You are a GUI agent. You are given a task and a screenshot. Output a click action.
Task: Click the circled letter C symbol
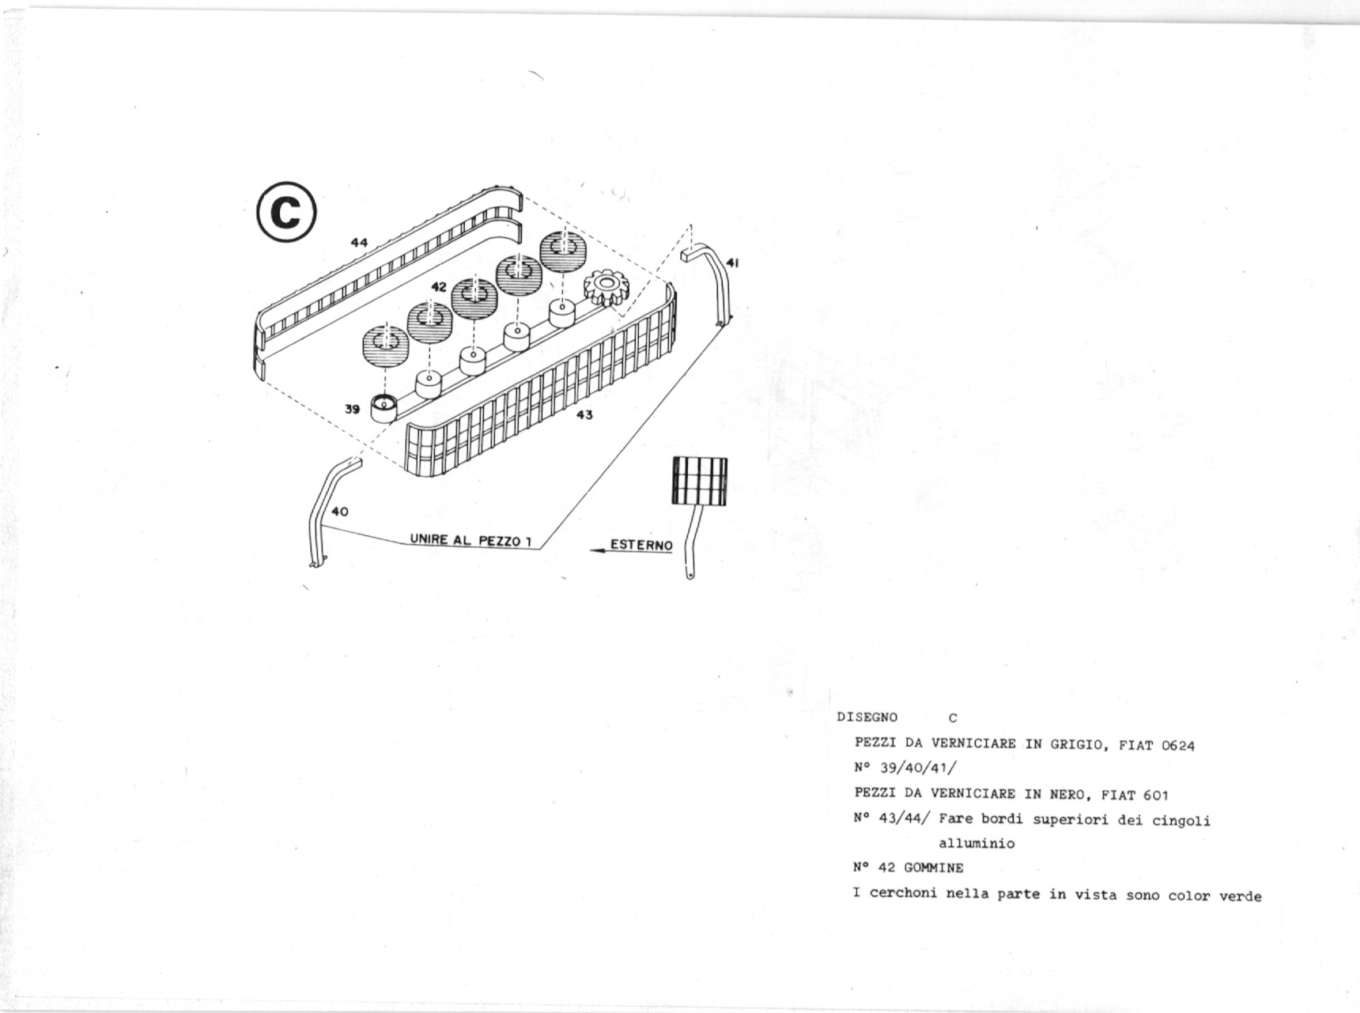click(x=287, y=212)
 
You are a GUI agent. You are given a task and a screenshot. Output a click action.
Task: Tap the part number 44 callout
click(x=359, y=243)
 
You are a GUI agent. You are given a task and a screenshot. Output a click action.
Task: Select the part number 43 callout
click(x=584, y=414)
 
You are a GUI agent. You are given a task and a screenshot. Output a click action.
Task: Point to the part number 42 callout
click(x=439, y=287)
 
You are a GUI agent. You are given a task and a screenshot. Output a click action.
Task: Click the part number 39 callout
click(x=353, y=409)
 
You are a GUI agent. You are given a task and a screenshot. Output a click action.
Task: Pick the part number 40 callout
click(x=339, y=512)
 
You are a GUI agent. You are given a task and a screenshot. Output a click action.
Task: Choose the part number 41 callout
click(x=732, y=263)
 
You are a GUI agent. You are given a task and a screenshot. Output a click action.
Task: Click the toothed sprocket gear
click(x=606, y=286)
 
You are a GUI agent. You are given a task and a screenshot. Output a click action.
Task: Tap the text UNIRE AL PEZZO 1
click(x=470, y=540)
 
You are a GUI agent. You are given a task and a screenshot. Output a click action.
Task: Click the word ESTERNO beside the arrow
click(x=641, y=545)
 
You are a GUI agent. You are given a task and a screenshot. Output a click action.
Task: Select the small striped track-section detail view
click(x=699, y=481)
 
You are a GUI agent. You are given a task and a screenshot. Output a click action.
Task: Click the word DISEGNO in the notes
click(x=867, y=717)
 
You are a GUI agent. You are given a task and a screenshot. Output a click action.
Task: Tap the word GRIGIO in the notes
click(x=1079, y=744)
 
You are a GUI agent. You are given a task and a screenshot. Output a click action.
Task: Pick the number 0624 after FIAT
click(x=1178, y=745)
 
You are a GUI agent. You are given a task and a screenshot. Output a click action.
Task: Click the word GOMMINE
click(x=934, y=867)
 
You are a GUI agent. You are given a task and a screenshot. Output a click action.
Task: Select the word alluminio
click(x=977, y=843)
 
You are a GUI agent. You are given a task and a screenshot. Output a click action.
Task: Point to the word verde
click(x=1241, y=895)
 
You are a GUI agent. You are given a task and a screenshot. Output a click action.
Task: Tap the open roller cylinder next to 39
click(x=385, y=408)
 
